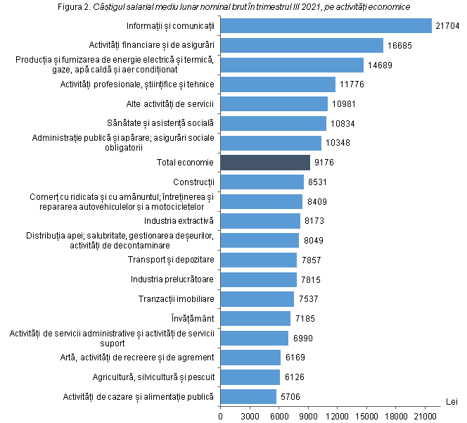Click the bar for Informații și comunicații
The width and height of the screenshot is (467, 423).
326,26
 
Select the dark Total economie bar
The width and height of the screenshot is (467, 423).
265,163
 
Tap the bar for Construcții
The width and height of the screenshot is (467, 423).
262,182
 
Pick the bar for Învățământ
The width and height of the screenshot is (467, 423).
255,318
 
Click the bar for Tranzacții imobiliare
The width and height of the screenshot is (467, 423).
257,299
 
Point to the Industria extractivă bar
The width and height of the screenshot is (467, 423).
260,221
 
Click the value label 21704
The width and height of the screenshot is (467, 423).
448,26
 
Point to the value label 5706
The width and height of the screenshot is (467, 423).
290,397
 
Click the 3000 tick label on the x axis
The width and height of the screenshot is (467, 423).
250,415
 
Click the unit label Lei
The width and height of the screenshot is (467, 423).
452,401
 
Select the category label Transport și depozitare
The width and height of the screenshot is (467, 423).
171,260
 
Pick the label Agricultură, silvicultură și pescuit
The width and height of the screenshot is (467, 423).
153,377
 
